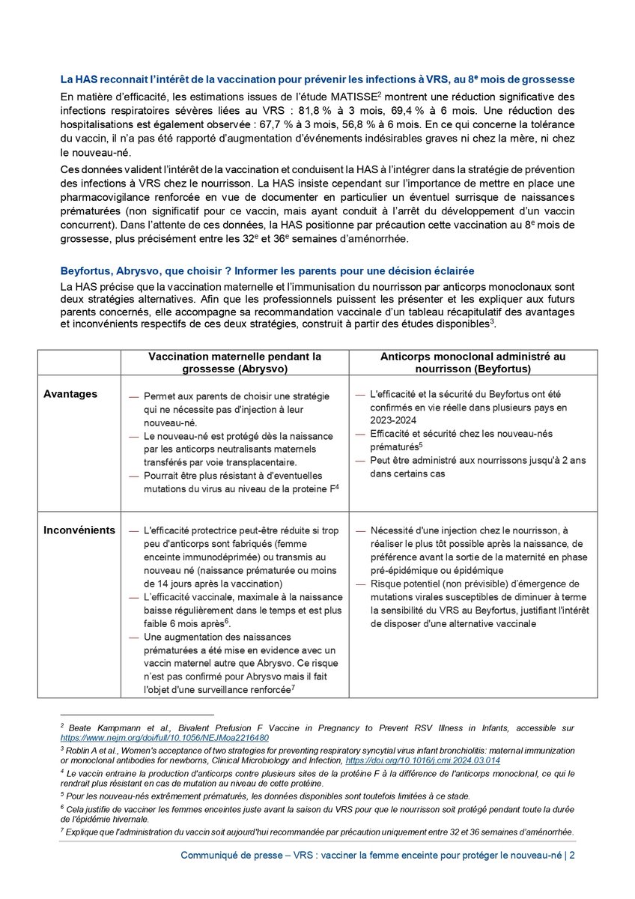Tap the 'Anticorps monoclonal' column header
473,362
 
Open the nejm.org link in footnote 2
164,738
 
